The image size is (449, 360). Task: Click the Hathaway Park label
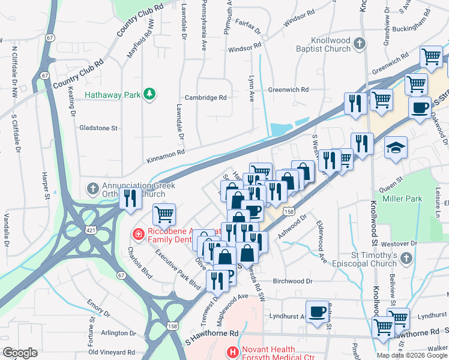113,94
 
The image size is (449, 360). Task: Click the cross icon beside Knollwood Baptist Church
360,43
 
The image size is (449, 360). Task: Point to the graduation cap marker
396,148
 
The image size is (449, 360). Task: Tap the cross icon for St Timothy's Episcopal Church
406,258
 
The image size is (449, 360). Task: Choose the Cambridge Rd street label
205,97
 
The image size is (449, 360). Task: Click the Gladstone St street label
99,128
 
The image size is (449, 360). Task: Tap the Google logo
20,353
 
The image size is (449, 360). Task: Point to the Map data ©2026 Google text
411,355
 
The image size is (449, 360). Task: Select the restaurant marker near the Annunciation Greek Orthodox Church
130,199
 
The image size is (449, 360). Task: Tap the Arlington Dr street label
118,333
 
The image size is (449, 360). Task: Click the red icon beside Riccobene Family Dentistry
138,233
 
